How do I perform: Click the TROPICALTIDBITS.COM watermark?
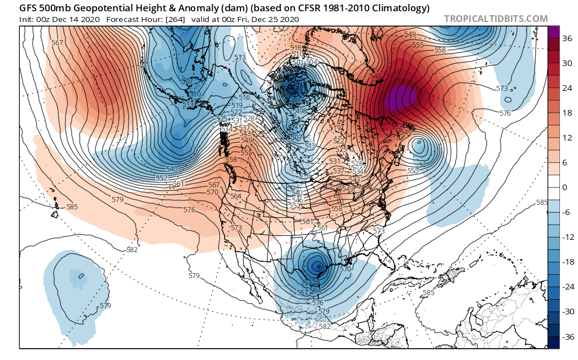[x=496, y=19]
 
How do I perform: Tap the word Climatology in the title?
[x=400, y=8]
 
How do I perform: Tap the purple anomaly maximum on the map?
[x=401, y=98]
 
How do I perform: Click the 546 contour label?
[x=297, y=200]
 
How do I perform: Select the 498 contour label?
[x=302, y=111]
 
